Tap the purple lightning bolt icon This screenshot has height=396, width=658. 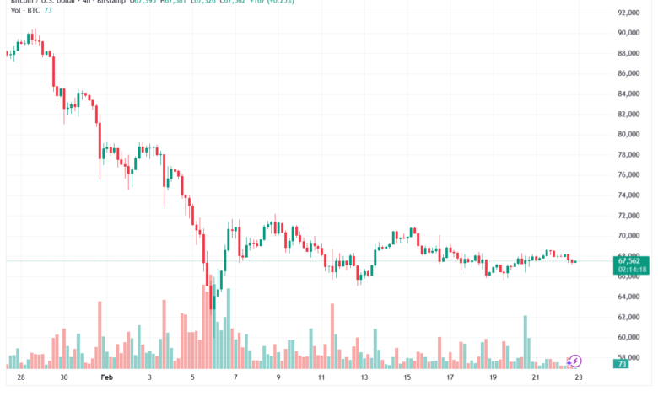pos(575,361)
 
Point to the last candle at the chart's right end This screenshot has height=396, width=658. pos(575,261)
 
